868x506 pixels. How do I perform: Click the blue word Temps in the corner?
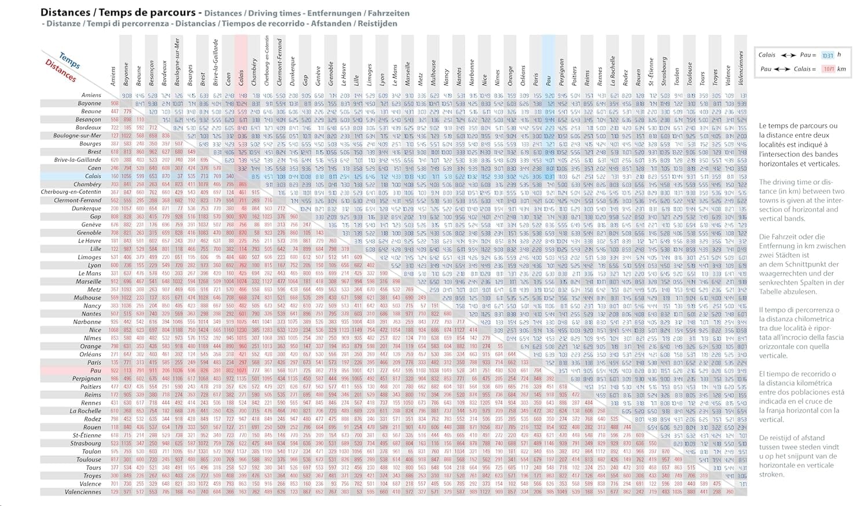click(x=70, y=60)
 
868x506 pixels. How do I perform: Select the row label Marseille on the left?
click(x=88, y=282)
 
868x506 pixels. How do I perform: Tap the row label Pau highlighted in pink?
click(x=95, y=370)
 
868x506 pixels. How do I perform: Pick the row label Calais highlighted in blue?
click(x=93, y=176)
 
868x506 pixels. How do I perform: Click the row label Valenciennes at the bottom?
click(x=83, y=492)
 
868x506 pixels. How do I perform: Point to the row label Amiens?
click(x=91, y=95)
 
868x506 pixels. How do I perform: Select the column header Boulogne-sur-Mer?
click(x=178, y=62)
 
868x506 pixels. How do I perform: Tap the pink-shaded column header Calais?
click(x=241, y=72)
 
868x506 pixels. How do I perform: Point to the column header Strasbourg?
click(x=664, y=71)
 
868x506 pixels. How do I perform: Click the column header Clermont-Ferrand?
click(x=279, y=62)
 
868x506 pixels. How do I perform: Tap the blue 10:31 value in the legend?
click(x=827, y=56)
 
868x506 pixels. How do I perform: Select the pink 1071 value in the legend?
click(x=828, y=69)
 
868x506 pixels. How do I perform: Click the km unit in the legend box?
click(x=841, y=69)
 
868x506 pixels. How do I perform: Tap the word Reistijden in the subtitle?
click(x=378, y=24)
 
